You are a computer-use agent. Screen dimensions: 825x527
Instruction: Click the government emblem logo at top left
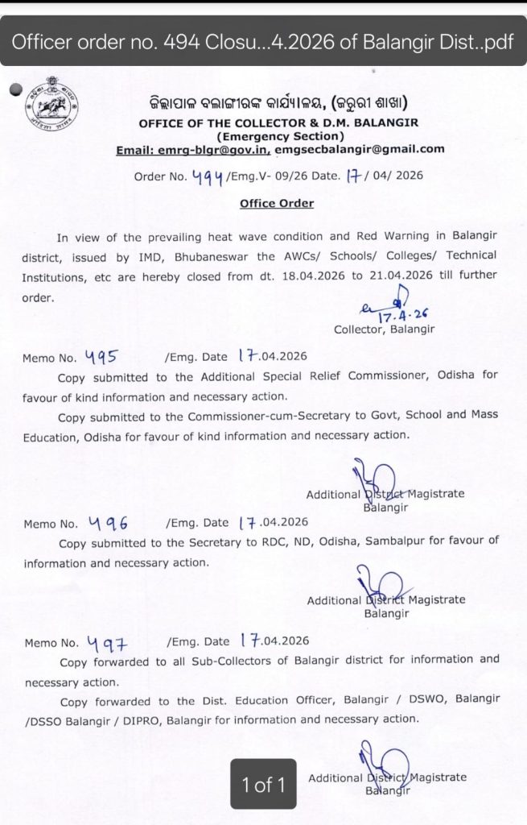pos(51,105)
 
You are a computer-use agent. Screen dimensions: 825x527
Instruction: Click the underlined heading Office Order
pos(277,203)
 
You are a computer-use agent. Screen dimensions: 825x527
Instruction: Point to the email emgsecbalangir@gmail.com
pos(360,149)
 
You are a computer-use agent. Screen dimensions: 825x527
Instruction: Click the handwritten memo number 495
pos(100,355)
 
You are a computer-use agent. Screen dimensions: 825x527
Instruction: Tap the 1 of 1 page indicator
pos(263,783)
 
